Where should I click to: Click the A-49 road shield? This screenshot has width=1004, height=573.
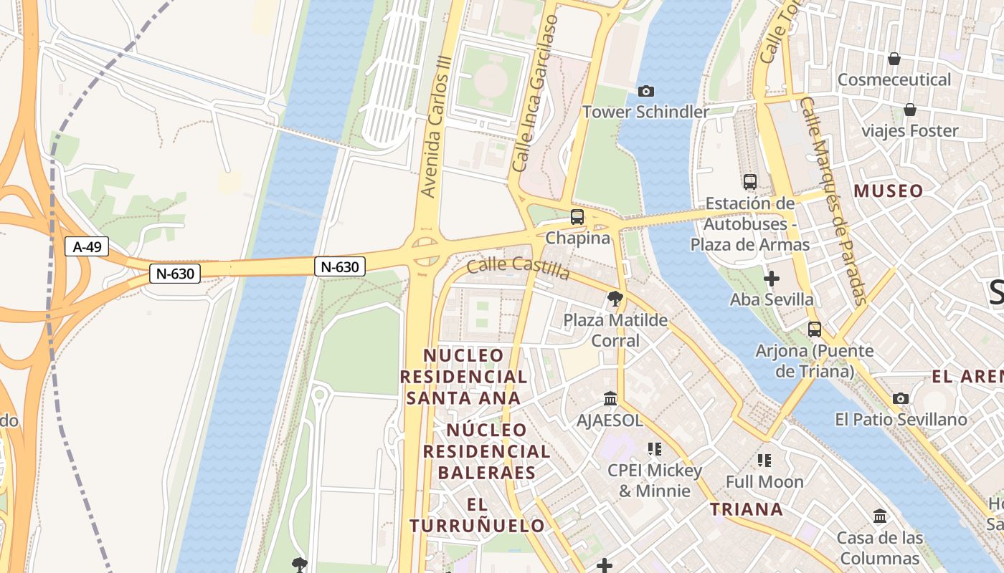pos(87,247)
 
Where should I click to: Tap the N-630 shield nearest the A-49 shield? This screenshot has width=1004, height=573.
pos(175,273)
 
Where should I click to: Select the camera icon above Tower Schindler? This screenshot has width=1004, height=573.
pos(645,91)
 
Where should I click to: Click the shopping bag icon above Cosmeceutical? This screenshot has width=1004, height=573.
pos(894,58)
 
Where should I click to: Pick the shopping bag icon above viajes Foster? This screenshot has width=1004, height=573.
pos(909,110)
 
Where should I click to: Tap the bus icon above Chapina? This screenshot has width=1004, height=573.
pos(577,216)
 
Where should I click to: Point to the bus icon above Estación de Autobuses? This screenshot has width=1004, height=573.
pos(749,182)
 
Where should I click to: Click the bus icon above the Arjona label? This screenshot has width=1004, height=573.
pos(814,329)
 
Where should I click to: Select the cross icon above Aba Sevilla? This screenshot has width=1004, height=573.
pos(772,278)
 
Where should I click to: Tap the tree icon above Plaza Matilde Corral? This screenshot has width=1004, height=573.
pos(615,299)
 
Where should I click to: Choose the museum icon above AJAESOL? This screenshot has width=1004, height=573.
pos(610,398)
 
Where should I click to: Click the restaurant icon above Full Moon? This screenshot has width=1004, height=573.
pos(764,460)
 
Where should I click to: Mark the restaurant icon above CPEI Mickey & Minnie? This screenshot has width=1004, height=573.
pos(654,449)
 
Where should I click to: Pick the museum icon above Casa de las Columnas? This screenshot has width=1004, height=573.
pos(879,516)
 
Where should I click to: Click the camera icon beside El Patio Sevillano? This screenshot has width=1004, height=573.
pos(901,398)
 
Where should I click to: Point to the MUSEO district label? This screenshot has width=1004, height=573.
pos(888,191)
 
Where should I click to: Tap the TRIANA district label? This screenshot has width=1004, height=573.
pos(746,509)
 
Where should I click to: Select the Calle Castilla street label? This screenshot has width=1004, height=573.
pos(518,269)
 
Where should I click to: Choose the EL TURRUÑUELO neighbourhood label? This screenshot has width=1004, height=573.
pos(477,515)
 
